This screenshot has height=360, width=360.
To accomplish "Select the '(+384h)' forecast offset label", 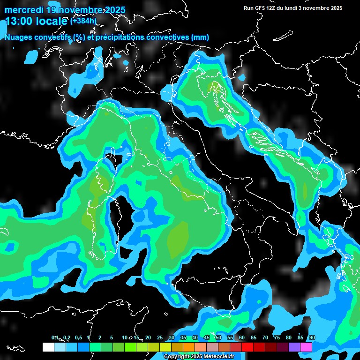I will click(x=84, y=21).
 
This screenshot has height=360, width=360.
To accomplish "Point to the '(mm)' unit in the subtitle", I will click(x=200, y=37).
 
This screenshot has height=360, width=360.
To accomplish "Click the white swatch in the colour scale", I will click(x=48, y=347).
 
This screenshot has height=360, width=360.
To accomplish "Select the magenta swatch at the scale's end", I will click(x=306, y=347).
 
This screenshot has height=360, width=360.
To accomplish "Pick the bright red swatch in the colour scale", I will click(x=247, y=347).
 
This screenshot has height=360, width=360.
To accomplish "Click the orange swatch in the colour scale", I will click(x=188, y=347).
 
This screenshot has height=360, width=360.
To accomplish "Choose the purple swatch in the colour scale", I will click(x=294, y=347).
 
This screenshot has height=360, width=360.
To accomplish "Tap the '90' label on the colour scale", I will click(x=312, y=338).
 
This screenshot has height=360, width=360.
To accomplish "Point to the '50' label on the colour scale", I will click(x=218, y=338).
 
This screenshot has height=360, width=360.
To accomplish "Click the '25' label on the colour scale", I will click(x=159, y=338).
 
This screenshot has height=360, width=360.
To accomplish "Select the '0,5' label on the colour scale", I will click(x=78, y=338).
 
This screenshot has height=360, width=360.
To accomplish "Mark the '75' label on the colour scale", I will click(x=277, y=338).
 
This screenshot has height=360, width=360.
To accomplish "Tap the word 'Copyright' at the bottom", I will click(x=176, y=356).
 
